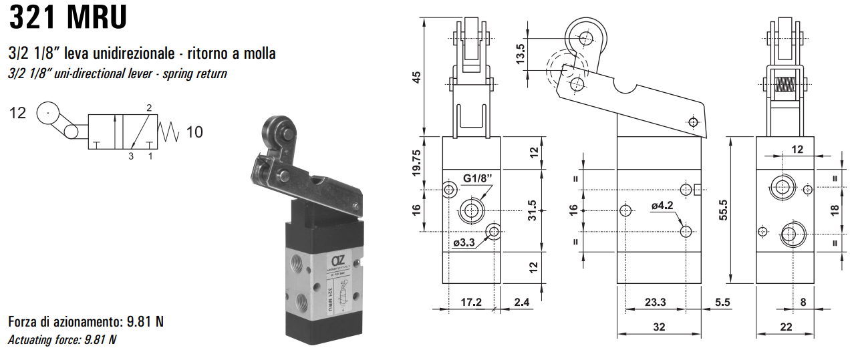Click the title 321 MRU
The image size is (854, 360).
click(67, 18)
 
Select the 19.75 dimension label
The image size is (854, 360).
click(417, 163)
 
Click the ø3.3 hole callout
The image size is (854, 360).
click(464, 243)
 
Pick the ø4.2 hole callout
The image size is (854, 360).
click(662, 206)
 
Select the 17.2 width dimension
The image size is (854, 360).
click(471, 303)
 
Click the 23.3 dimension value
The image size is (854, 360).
click(654, 303)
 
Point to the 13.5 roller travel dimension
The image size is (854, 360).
click(520, 51)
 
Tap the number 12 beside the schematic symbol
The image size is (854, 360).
click(17, 114)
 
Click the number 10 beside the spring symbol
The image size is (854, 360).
click(194, 132)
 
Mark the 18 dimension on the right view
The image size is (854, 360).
click(834, 208)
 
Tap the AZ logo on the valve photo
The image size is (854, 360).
click(338, 260)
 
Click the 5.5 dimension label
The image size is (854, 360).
click(722, 303)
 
